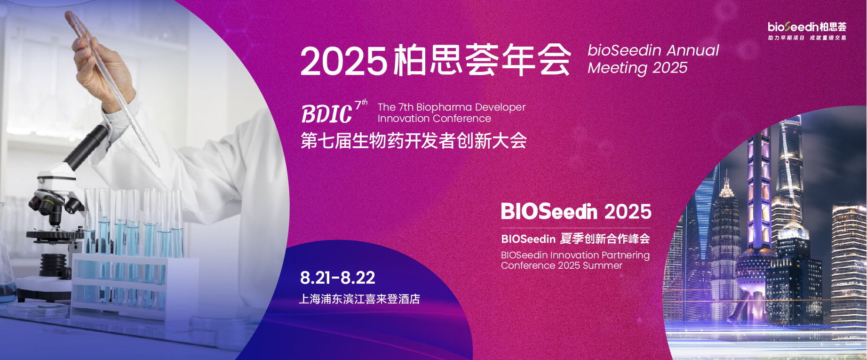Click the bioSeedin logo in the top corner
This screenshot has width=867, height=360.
(807, 27)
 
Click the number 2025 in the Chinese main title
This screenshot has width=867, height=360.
(344, 62)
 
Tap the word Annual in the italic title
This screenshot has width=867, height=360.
(693, 50)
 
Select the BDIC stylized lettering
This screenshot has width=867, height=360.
(326, 114)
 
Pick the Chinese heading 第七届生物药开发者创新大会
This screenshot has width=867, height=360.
(414, 141)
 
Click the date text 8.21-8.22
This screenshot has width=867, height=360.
(337, 278)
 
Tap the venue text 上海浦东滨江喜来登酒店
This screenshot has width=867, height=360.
(359, 299)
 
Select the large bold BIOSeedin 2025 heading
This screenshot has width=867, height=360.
(576, 212)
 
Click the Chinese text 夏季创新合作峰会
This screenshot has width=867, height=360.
(605, 239)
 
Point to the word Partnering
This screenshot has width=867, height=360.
(625, 256)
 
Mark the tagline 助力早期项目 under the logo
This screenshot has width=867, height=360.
(786, 38)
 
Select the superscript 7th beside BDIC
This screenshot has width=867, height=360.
(361, 104)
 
